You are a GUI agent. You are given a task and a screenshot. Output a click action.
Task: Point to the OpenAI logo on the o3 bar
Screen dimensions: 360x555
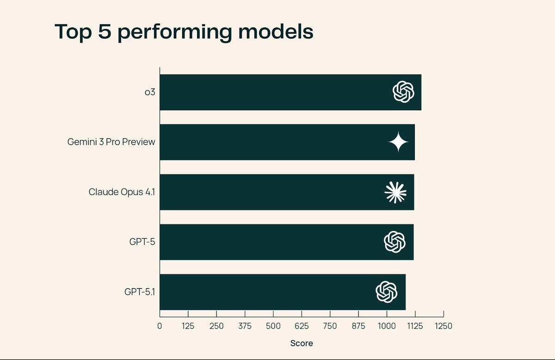coord(403,92)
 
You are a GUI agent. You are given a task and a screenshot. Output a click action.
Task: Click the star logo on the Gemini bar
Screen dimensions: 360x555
coord(398,142)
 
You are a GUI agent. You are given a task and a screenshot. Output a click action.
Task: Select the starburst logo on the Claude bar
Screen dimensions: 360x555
coord(395,192)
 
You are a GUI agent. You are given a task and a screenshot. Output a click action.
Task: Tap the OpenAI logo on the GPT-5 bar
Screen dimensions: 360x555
coord(395,242)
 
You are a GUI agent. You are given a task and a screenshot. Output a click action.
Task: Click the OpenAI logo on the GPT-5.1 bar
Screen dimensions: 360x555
coord(386,292)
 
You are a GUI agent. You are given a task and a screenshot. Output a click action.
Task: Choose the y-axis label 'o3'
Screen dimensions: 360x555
coord(149,92)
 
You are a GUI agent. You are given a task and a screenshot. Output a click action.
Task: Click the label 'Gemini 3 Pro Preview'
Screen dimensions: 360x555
coord(111,142)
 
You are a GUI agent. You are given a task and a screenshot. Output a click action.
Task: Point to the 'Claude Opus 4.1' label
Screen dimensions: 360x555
coord(122,192)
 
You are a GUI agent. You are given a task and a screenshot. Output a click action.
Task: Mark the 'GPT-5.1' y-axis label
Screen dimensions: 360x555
coord(139,292)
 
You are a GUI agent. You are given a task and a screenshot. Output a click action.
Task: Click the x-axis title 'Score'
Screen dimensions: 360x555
coord(301,343)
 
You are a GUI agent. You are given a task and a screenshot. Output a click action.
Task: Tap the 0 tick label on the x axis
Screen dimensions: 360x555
coord(160,326)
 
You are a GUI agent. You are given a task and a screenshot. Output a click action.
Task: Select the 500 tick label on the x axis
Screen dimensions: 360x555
coord(273,326)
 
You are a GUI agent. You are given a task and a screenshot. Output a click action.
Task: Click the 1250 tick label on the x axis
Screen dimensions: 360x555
coord(443,326)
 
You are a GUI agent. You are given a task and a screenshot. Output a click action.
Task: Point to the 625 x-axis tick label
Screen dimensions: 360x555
coord(301,326)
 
